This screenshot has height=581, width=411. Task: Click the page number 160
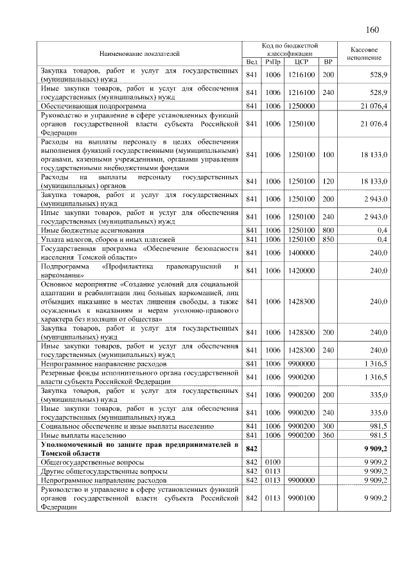pyautogui.click(x=372, y=30)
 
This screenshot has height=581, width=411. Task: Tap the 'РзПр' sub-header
pyautogui.click(x=274, y=62)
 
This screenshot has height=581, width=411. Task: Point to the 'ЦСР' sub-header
pyautogui.click(x=301, y=62)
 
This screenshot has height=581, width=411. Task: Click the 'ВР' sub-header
pyautogui.click(x=328, y=62)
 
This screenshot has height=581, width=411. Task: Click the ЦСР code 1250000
pyautogui.click(x=301, y=105)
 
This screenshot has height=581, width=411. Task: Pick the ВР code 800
pyautogui.click(x=328, y=230)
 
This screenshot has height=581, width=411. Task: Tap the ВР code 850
pyautogui.click(x=328, y=239)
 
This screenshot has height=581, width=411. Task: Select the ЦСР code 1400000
pyautogui.click(x=301, y=253)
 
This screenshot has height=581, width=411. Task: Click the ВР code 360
pyautogui.click(x=328, y=435)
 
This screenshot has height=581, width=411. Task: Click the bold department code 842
pyautogui.click(x=252, y=448)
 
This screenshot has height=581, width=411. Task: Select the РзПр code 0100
pyautogui.click(x=274, y=462)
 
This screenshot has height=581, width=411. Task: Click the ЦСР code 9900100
pyautogui.click(x=301, y=498)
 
